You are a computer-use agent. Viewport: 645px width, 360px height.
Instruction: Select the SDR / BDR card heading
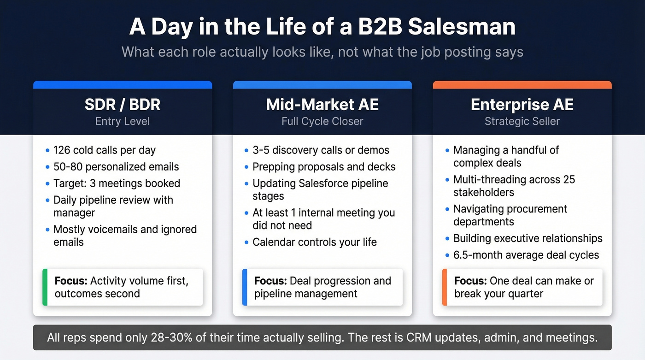tap(123, 105)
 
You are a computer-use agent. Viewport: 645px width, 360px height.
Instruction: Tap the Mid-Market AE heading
tap(322, 105)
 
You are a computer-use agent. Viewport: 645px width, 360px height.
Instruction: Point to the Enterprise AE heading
tap(522, 105)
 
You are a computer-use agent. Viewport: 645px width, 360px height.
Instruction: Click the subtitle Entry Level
tap(123, 122)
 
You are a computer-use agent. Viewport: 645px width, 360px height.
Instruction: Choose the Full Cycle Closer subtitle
tap(322, 122)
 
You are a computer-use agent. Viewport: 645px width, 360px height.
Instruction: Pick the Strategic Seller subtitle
tap(522, 122)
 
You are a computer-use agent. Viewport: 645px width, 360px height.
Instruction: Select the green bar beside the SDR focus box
tap(45, 287)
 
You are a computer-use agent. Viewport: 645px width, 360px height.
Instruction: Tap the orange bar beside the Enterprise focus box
tap(445, 287)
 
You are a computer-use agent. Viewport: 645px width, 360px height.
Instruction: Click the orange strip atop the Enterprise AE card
tap(522, 85)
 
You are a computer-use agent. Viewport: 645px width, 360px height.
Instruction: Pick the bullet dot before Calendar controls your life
tap(246, 242)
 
